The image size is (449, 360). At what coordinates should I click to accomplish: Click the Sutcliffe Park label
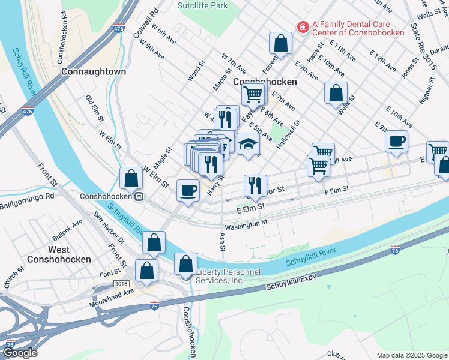point(203,5)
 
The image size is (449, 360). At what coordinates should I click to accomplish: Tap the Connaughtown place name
point(94,71)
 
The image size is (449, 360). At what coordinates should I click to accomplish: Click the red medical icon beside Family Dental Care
point(303,27)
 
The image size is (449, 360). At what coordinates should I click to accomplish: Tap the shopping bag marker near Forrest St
point(280,43)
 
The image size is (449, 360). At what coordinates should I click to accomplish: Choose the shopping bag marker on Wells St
point(336,93)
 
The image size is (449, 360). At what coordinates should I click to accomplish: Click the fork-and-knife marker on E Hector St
point(256,185)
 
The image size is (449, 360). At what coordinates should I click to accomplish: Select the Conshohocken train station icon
point(139,196)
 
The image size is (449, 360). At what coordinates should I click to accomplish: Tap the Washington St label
point(246,223)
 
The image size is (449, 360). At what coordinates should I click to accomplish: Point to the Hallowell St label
point(289,135)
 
